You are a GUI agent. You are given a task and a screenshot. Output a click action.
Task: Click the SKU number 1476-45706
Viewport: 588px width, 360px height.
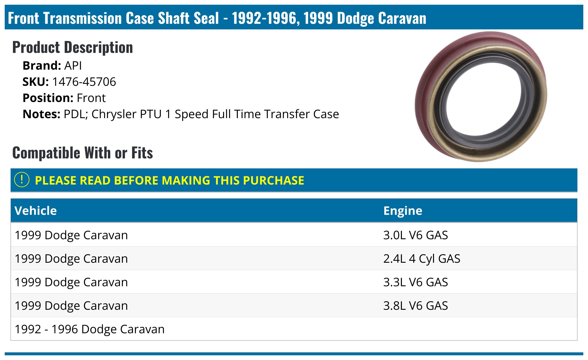[x=84, y=82]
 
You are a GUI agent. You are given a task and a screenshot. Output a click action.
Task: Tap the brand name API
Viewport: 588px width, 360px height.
[x=73, y=66]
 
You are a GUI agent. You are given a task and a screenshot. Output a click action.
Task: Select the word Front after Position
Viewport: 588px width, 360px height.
[x=91, y=98]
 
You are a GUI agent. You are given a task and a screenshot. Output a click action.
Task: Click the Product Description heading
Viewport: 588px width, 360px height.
[x=72, y=48]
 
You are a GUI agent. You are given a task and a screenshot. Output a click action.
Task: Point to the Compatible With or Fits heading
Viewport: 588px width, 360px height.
[x=83, y=153]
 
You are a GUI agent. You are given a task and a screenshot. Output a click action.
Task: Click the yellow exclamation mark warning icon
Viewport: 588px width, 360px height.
[x=22, y=180]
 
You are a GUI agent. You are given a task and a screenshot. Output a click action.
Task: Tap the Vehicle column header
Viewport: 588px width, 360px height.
[x=36, y=211]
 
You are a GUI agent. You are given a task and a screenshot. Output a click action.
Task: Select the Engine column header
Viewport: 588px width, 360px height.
[x=402, y=211]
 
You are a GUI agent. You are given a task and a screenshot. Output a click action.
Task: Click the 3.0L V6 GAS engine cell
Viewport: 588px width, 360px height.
[x=415, y=235]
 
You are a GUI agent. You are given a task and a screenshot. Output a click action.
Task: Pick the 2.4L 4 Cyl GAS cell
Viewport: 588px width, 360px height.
[x=422, y=259]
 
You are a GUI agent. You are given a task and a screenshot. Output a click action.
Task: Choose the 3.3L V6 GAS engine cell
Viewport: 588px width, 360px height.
[x=415, y=282]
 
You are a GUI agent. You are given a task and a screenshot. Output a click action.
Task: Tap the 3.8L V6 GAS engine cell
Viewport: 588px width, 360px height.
[x=415, y=306]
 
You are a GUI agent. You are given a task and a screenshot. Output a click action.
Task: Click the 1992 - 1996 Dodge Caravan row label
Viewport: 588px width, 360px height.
[x=90, y=329]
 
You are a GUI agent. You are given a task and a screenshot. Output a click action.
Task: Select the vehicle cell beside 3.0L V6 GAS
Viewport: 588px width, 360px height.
[x=71, y=235]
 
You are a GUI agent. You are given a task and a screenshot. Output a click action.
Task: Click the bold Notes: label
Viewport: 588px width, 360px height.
[x=41, y=114]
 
